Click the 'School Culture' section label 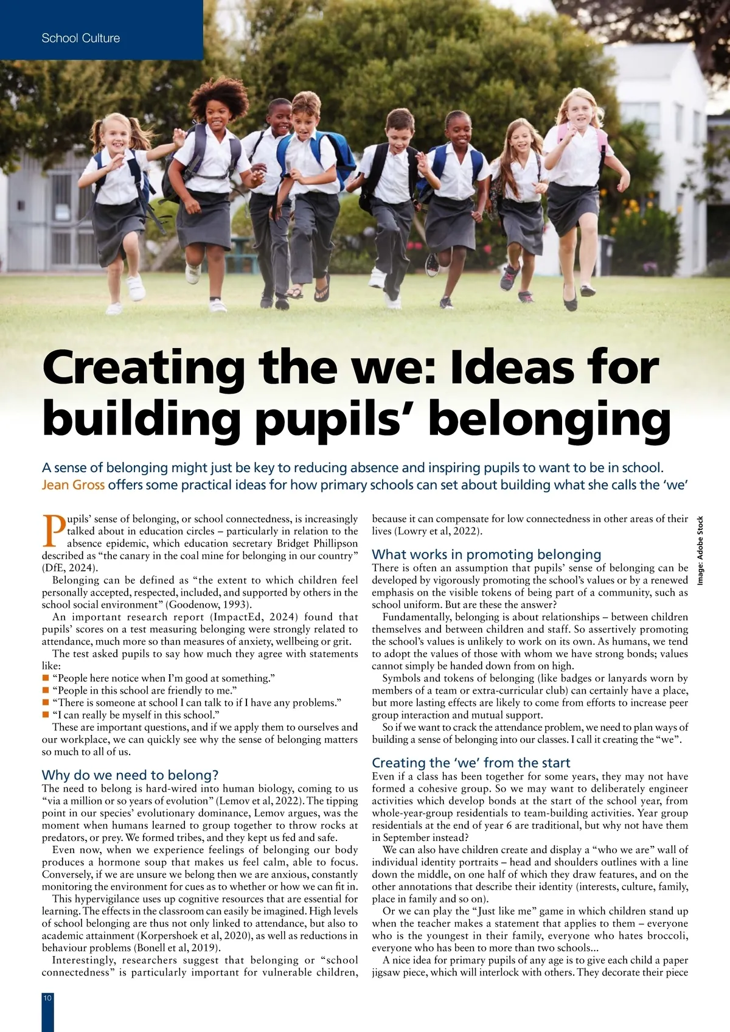click(81, 38)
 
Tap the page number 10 click(47, 997)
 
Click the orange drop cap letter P click(54, 531)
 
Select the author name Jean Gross click(73, 485)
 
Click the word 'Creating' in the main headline click(143, 368)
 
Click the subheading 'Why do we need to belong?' click(130, 775)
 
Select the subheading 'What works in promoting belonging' click(486, 554)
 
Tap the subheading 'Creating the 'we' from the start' click(471, 762)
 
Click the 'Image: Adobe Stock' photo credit click(700, 551)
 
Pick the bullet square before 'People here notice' click(45, 678)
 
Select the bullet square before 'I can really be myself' click(45, 715)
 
